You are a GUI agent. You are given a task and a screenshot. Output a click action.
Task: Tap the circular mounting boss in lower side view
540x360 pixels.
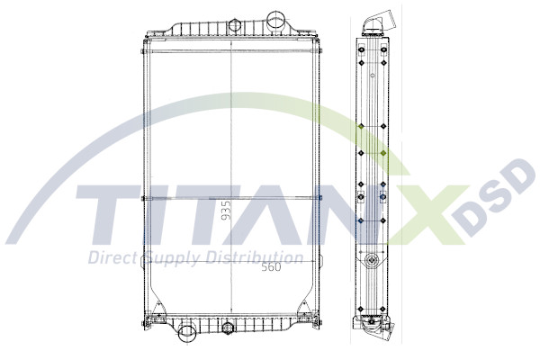click(x=371, y=264)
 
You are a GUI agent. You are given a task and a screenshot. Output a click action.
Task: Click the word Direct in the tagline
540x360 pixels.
click(x=109, y=259)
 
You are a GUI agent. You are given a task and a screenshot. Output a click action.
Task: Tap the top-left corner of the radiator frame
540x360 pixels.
click(x=144, y=40)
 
